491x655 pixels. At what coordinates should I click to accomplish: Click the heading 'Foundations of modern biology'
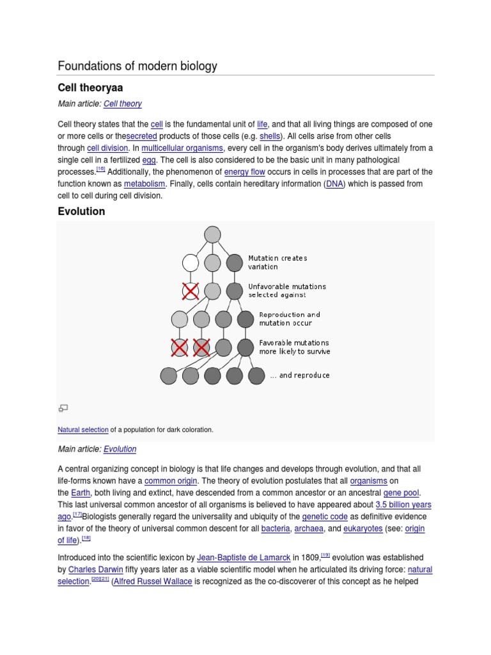click(x=137, y=66)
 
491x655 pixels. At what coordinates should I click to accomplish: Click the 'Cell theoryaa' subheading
click(x=90, y=87)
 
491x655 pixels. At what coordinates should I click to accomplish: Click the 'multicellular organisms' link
click(x=182, y=148)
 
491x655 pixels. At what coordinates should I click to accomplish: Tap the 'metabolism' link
click(x=144, y=184)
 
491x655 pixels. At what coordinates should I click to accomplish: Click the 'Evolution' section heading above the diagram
click(x=81, y=211)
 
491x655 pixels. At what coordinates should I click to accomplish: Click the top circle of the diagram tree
click(x=212, y=235)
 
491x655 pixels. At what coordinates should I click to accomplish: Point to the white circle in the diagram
click(x=191, y=263)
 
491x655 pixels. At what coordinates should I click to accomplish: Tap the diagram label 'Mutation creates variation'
click(x=277, y=262)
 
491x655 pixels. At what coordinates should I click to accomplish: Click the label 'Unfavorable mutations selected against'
click(x=286, y=290)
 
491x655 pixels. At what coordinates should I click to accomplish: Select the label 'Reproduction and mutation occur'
click(x=289, y=319)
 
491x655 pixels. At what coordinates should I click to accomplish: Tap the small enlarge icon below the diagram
click(x=63, y=407)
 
